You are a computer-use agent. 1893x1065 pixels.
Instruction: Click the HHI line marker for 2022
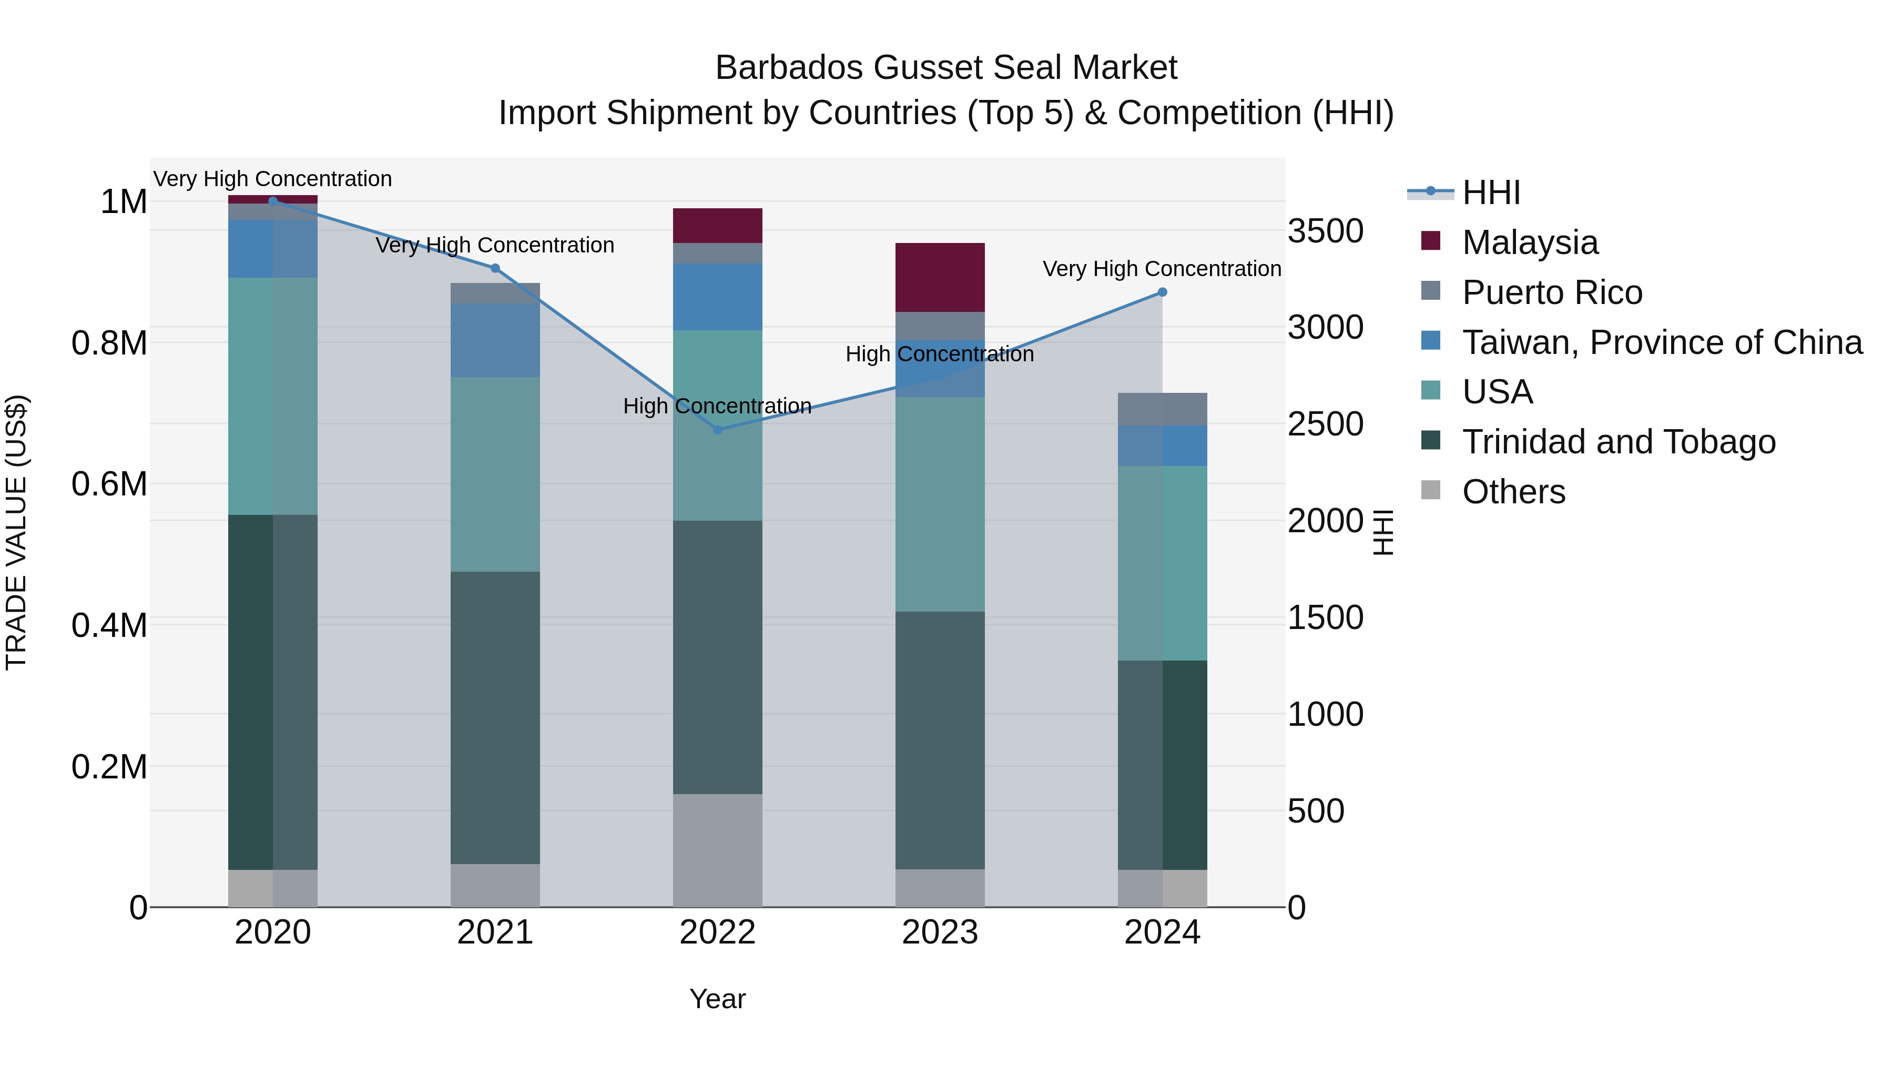click(718, 429)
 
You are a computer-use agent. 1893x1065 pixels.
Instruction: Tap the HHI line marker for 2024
click(1162, 292)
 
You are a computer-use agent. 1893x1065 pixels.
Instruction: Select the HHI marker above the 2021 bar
click(495, 268)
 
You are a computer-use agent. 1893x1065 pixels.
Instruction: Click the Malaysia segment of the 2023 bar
click(939, 277)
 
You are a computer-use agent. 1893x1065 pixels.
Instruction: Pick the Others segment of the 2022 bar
click(717, 850)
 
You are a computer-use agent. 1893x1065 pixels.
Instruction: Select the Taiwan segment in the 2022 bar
click(717, 297)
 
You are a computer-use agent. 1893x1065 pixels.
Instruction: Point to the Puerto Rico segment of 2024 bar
click(1162, 409)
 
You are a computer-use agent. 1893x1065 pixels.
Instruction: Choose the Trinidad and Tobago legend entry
click(1618, 442)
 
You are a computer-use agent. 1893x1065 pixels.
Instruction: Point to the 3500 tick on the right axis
click(1325, 231)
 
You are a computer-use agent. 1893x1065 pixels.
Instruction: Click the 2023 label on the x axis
click(939, 932)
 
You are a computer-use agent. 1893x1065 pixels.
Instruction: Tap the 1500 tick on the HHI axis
click(1325, 617)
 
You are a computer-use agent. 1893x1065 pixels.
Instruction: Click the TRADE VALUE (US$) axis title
click(16, 532)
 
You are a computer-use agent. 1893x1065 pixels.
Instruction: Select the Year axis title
click(717, 999)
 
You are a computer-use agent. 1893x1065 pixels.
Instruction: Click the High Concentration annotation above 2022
click(717, 405)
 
